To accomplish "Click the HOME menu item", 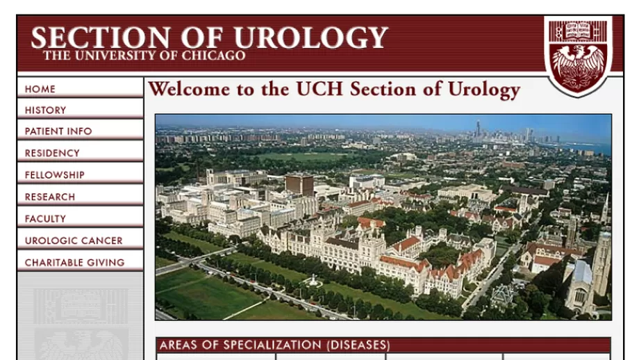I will point(40,89).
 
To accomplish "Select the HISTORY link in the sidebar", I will point(46,110).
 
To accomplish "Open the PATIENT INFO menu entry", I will point(58,131).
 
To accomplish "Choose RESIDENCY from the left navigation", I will point(52,153).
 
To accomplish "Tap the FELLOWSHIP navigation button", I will point(55,175).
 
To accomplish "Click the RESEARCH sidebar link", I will point(50,197).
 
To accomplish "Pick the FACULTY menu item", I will point(46,218).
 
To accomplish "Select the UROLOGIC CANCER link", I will point(74,240).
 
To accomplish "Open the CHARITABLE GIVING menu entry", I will point(75,263).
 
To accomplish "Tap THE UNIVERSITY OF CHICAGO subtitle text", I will point(144,56).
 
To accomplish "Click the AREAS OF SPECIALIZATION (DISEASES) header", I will point(274,345).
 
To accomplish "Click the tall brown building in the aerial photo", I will point(300,185).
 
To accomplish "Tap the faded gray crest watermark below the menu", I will point(82,323).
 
